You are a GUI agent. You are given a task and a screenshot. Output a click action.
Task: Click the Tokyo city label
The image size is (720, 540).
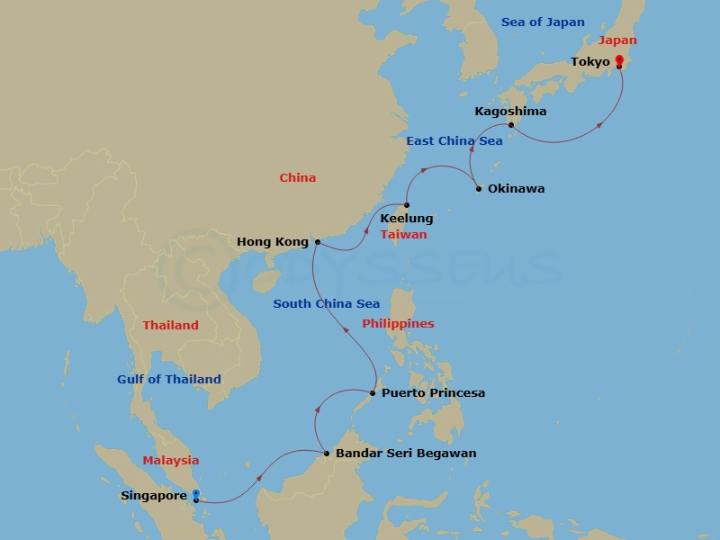point(590,62)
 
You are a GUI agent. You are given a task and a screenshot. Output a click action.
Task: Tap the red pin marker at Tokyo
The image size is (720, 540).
point(619,61)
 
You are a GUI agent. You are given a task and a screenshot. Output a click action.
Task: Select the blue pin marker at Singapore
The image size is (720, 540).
point(195,495)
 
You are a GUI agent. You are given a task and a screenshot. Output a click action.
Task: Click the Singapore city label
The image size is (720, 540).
point(153,496)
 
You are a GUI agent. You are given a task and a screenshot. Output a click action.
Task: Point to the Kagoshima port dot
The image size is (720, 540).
point(510,125)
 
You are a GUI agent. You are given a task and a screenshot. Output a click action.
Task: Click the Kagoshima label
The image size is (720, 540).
point(510,112)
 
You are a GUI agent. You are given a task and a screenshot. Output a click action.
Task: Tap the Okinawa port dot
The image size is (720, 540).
point(479,189)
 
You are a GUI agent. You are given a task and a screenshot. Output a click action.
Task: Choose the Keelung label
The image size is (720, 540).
point(407,219)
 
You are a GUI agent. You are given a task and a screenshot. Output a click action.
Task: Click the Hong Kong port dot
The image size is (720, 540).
point(317,242)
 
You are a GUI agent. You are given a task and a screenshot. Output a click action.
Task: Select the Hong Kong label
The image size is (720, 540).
point(272,242)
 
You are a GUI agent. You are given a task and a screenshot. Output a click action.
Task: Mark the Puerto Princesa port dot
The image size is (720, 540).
point(373,393)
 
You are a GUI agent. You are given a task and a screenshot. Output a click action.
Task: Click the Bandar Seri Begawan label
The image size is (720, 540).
point(405,454)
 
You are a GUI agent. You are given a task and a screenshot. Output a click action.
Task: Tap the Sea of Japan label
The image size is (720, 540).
point(543,22)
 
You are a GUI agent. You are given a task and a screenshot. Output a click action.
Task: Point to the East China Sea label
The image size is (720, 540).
point(454,141)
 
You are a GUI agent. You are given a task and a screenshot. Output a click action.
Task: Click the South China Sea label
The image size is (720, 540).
point(327,304)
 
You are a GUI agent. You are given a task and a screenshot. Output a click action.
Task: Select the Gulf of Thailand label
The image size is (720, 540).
point(168,380)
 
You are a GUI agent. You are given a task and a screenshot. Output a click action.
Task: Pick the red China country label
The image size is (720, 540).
point(297,178)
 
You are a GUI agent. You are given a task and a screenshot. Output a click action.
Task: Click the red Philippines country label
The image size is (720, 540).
point(398,324)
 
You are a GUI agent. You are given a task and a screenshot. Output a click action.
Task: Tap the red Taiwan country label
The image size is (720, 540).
point(403,235)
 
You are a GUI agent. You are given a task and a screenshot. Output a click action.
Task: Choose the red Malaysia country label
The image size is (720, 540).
point(170,461)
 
